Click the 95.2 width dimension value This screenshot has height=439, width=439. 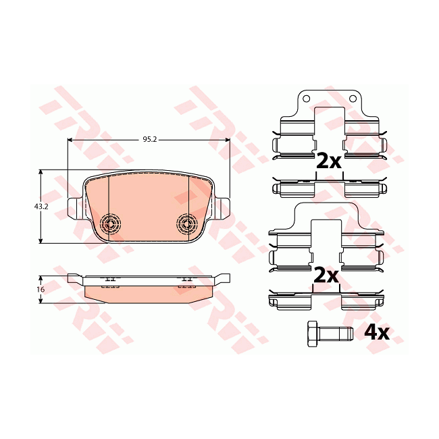[x=149, y=139]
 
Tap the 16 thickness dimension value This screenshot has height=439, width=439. [x=41, y=289]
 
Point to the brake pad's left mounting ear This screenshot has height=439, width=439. [x=74, y=205]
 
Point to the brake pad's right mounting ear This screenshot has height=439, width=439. [x=224, y=205]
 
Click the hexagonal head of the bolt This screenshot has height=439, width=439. [x=312, y=333]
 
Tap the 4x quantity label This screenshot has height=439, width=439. [x=377, y=332]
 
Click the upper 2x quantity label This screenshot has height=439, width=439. [x=329, y=160]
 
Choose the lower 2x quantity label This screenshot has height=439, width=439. [x=326, y=275]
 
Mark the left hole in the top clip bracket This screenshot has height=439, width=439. [x=306, y=99]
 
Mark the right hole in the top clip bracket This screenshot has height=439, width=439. [x=352, y=99]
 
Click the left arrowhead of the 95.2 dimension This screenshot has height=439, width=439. [x=71, y=140]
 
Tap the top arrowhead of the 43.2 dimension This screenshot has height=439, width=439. [x=41, y=173]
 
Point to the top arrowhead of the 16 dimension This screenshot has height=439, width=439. [x=41, y=278]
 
